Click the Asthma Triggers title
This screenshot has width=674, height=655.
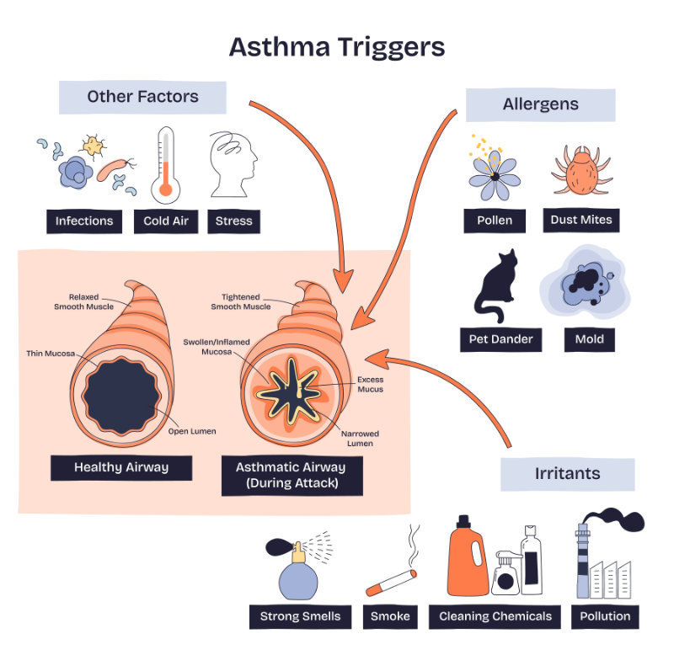(x=336, y=46)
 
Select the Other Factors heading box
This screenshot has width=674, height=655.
(x=142, y=97)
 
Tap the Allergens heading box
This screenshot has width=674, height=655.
(x=540, y=104)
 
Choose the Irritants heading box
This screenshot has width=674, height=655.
(x=567, y=473)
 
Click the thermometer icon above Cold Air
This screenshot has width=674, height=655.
(x=165, y=163)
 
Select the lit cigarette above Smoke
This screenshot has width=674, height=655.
(x=393, y=581)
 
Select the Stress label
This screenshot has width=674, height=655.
(x=233, y=221)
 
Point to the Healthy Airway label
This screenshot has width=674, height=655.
(x=121, y=467)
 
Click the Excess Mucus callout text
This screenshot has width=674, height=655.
(x=371, y=385)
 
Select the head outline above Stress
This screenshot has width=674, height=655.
(x=233, y=164)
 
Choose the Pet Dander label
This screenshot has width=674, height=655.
(x=501, y=339)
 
